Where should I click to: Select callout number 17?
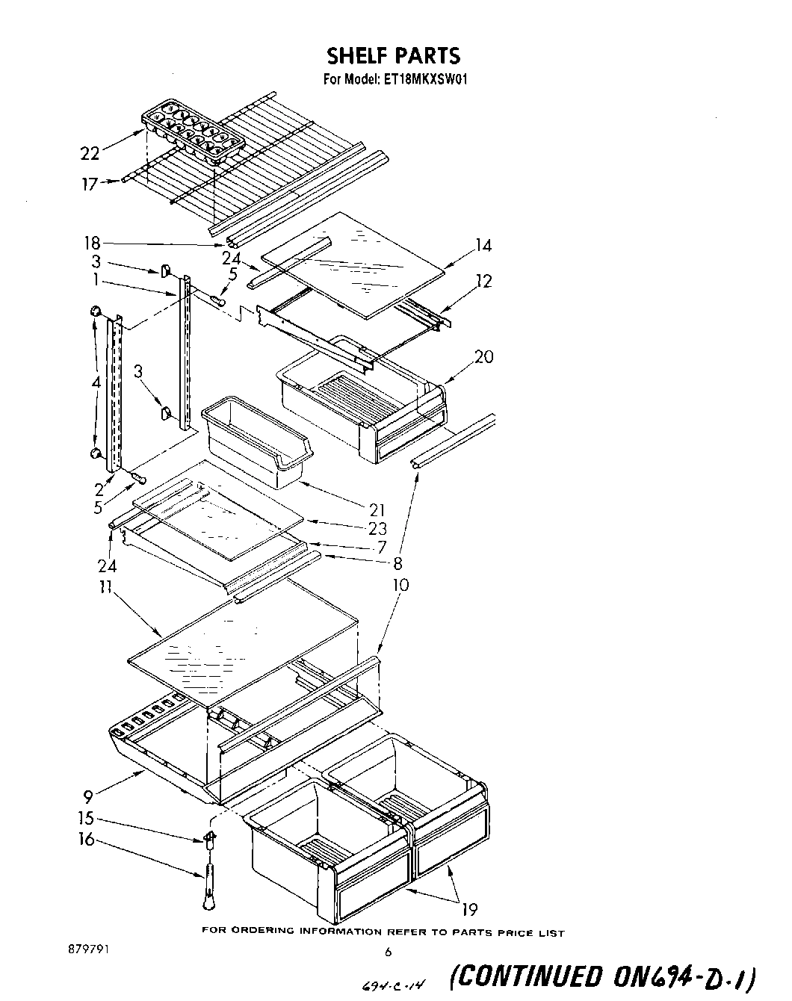[90, 182]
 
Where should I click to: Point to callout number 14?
[483, 245]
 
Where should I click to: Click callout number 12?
[484, 281]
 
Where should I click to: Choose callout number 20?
[483, 357]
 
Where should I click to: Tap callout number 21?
[377, 509]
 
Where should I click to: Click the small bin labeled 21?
[256, 444]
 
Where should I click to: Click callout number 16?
[87, 840]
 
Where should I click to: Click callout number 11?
[105, 587]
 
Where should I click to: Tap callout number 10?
[400, 584]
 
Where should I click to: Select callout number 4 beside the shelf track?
[96, 382]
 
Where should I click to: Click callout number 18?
[93, 243]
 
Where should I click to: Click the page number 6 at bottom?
[387, 952]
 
